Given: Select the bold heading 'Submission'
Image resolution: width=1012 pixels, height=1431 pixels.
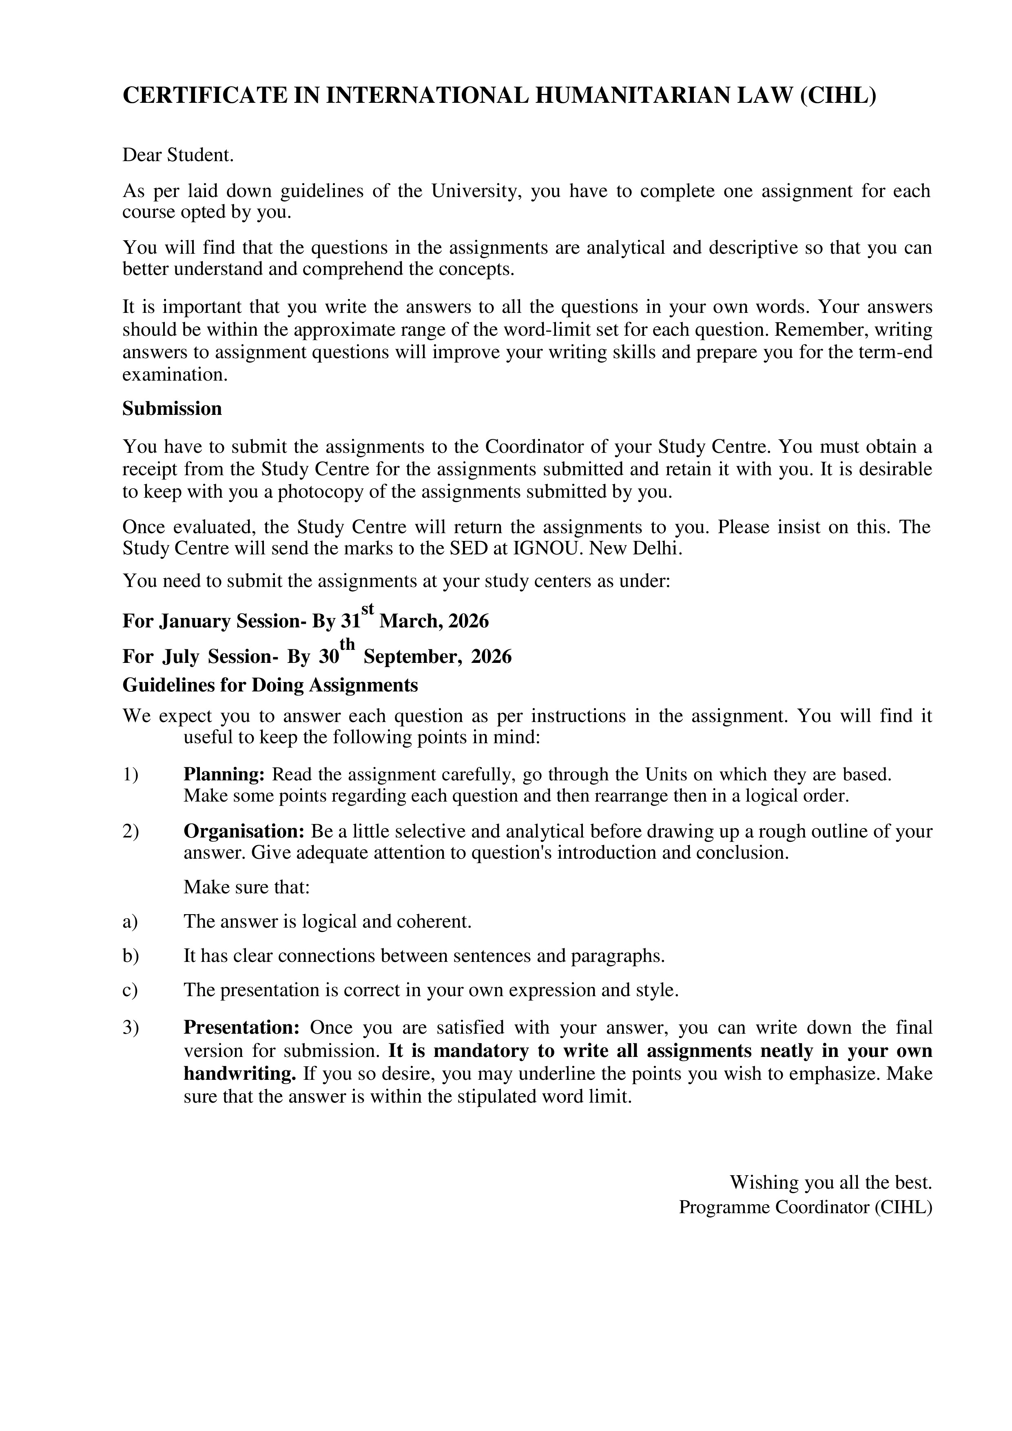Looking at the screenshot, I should [172, 408].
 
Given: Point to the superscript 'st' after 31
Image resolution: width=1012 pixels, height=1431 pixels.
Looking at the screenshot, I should [368, 608].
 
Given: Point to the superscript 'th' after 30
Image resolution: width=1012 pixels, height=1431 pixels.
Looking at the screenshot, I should [347, 643].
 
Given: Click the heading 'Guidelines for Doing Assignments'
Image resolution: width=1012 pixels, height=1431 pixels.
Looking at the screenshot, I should [270, 685].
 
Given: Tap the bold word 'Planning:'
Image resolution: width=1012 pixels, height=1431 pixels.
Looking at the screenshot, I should [224, 774].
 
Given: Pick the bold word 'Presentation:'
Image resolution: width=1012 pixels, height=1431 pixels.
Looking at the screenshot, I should [242, 1027].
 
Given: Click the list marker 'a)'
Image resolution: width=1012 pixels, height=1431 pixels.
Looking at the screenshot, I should [130, 921].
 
